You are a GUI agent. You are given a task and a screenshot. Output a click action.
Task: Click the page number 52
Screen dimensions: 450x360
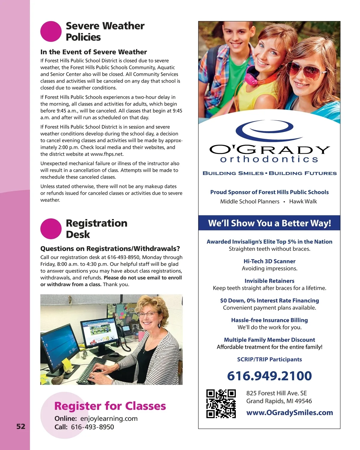[x=21, y=426]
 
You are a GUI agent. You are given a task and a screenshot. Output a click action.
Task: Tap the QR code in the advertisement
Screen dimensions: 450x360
[x=221, y=403]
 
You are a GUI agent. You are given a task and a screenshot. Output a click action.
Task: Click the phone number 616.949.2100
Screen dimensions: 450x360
[x=269, y=376]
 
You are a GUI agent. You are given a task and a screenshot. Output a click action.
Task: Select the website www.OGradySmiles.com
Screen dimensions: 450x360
[x=289, y=412]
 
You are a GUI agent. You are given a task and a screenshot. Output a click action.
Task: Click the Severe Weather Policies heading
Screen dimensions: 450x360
[x=105, y=31]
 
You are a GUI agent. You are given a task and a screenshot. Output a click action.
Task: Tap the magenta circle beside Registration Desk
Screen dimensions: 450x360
[x=51, y=229]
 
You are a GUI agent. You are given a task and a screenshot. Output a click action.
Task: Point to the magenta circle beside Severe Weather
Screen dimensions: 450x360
[x=51, y=31]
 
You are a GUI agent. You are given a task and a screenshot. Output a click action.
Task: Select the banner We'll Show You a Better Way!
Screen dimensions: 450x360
[x=269, y=223]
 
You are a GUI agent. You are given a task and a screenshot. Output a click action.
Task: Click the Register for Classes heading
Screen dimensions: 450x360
[x=110, y=406]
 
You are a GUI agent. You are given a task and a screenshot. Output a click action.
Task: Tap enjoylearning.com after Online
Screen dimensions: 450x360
[x=109, y=418]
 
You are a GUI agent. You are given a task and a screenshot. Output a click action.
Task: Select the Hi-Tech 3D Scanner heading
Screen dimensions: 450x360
[x=269, y=261]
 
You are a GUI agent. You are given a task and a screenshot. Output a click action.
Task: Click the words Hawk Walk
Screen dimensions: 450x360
[x=303, y=202]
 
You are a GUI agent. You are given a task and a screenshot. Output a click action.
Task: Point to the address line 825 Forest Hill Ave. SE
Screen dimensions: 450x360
[x=276, y=393]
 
